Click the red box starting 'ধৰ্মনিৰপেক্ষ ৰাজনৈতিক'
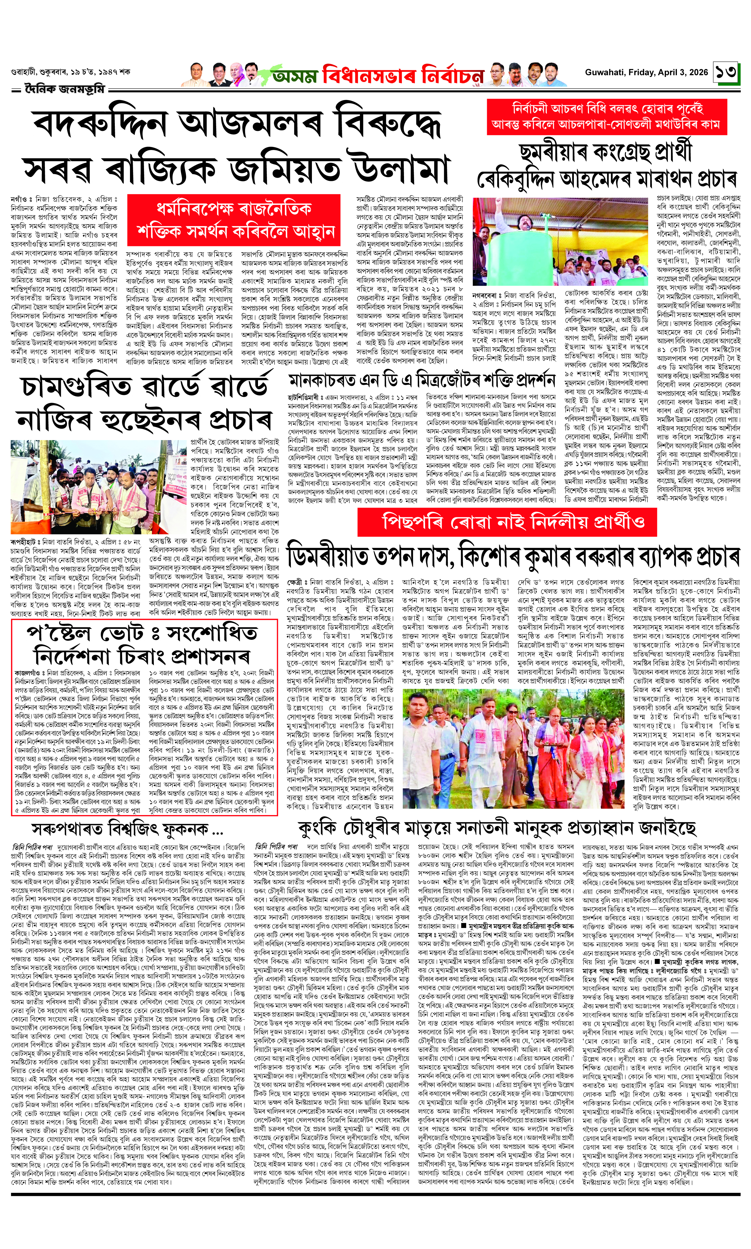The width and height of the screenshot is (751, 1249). pos(233,220)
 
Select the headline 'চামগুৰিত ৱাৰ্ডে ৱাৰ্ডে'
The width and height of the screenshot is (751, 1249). pos(144,386)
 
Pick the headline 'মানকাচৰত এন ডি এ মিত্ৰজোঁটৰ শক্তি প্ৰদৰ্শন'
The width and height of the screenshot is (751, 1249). pos(422,380)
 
